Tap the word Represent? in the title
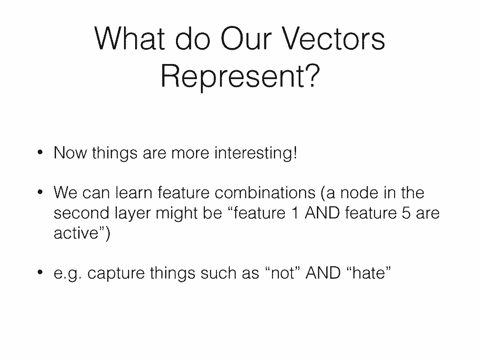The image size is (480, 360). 240,76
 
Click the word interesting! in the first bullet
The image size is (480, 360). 256,152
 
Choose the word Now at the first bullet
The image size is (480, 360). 70,152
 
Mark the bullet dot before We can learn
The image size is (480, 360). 40,192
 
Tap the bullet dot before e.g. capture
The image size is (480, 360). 40,272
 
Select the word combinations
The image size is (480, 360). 265,192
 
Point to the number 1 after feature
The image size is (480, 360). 295,213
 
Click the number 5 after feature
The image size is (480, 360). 406,213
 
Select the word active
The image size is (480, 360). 76,233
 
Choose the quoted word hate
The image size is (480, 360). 369,273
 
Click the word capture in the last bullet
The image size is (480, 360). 116,273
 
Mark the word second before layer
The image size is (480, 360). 81,213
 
